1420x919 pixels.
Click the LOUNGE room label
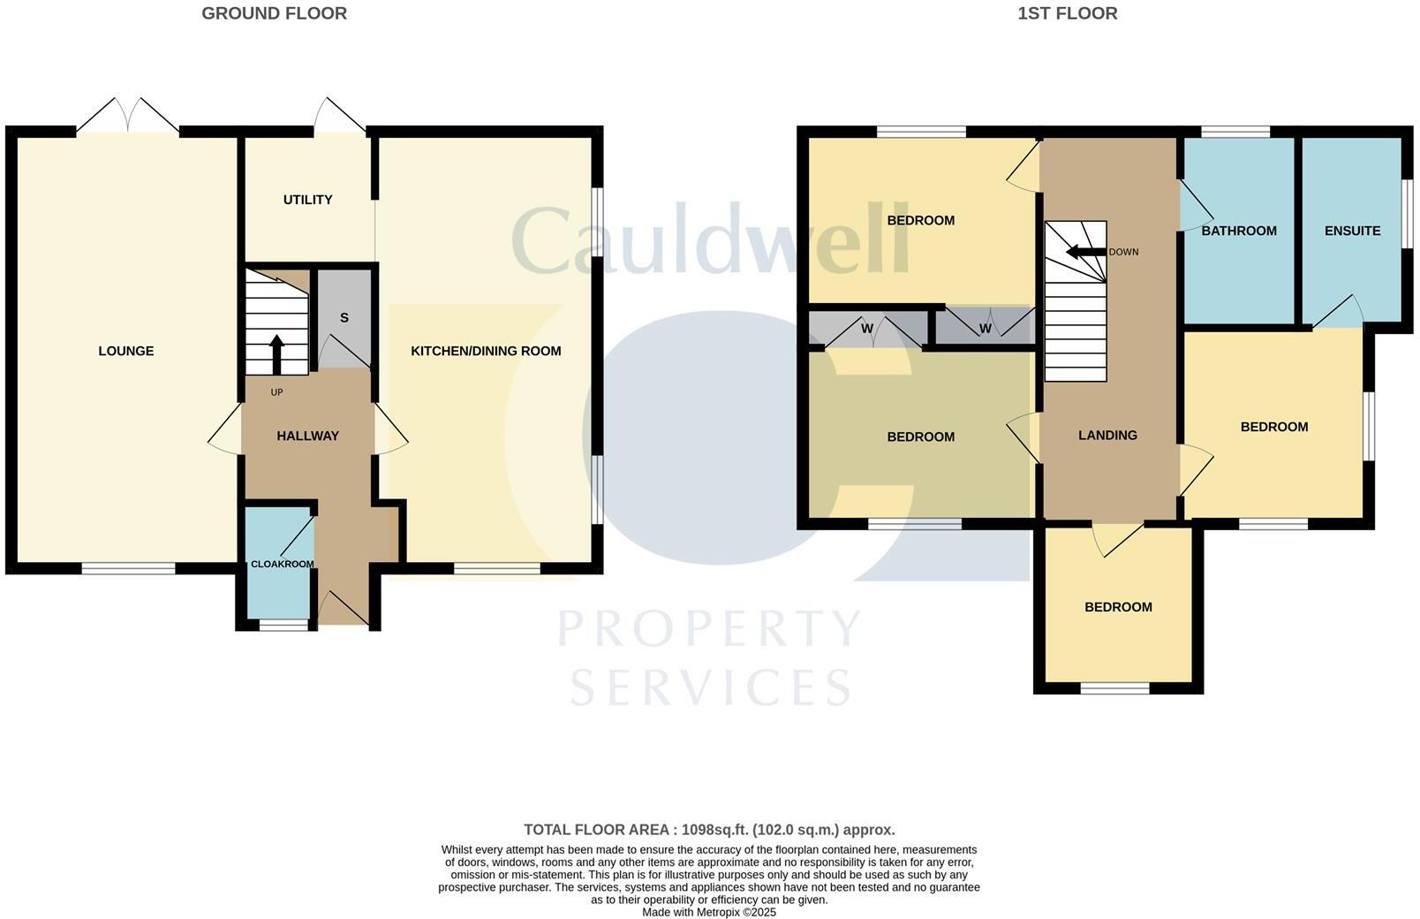tap(125, 351)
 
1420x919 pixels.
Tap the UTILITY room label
tap(307, 200)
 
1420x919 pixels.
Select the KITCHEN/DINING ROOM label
tap(486, 351)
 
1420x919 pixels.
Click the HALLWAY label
tap(307, 436)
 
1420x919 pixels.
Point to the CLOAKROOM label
tap(282, 564)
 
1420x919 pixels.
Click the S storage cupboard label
tap(344, 318)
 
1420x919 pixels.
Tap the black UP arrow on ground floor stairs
tap(276, 353)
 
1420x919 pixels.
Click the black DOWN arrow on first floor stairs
tap(1085, 252)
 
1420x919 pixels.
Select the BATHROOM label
tap(1238, 231)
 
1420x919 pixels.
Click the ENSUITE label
tap(1352, 231)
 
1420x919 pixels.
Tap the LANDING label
tap(1107, 435)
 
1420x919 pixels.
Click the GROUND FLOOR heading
tap(274, 13)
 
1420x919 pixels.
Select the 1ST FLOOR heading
tap(1067, 13)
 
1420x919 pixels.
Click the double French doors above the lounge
tap(128, 117)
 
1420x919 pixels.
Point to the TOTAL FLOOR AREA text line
tap(709, 830)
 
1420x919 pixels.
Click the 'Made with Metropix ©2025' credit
tap(709, 912)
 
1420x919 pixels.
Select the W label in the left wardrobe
tap(866, 329)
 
